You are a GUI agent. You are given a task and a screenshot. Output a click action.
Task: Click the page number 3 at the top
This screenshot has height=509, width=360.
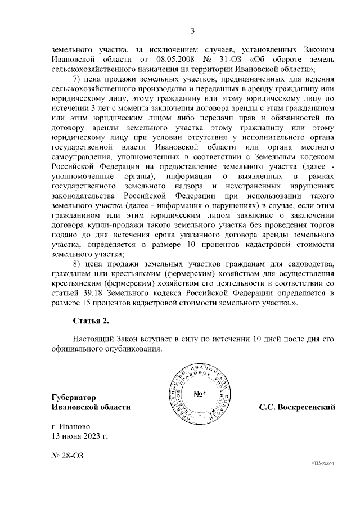tap(192, 31)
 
